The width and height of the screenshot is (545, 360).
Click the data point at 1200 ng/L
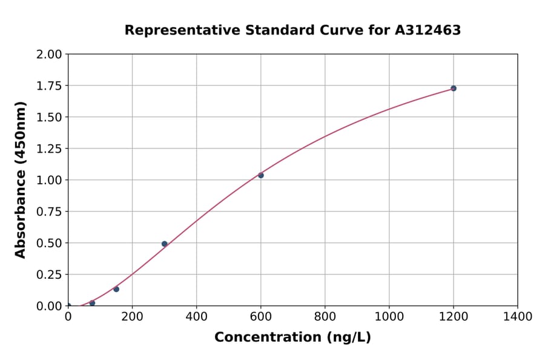453,88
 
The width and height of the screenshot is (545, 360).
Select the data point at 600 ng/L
261,175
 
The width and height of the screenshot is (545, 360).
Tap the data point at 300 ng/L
165,244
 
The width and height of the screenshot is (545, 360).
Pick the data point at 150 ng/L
116,289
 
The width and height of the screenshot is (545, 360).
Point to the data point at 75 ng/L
92,303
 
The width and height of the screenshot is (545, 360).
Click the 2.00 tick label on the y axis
50,55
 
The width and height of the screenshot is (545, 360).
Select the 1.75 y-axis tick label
50,86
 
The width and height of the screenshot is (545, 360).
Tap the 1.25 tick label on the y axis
50,149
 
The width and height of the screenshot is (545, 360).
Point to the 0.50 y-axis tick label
50,243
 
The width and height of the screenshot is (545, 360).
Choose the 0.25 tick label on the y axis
50,275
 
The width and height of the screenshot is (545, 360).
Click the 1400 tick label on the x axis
518,317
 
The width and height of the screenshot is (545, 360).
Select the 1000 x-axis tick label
389,317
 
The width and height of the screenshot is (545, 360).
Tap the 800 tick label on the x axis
325,317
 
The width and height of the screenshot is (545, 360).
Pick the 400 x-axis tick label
197,317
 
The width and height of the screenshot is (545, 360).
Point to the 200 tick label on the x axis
133,317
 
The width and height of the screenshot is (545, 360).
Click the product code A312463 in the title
428,30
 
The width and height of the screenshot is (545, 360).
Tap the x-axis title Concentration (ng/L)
292,338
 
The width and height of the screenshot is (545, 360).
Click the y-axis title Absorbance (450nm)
21,180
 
